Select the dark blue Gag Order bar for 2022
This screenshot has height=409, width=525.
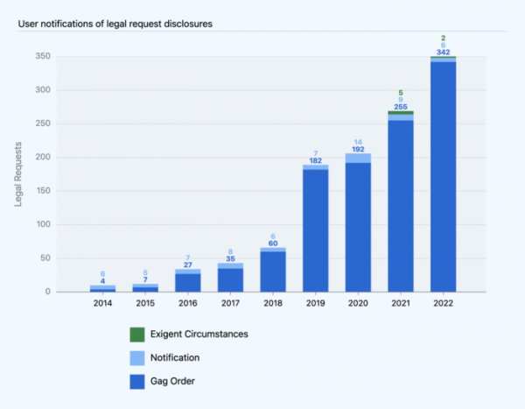(443, 175)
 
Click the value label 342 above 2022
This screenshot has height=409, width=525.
(443, 52)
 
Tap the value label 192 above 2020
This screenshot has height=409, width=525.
(358, 150)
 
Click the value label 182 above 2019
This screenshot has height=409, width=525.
(315, 160)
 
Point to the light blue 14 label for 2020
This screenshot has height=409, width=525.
(358, 142)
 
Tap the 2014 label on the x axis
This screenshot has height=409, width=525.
(103, 303)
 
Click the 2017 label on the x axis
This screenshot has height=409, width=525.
(230, 303)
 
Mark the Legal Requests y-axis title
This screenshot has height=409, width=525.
(19, 173)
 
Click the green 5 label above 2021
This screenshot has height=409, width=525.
(401, 93)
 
